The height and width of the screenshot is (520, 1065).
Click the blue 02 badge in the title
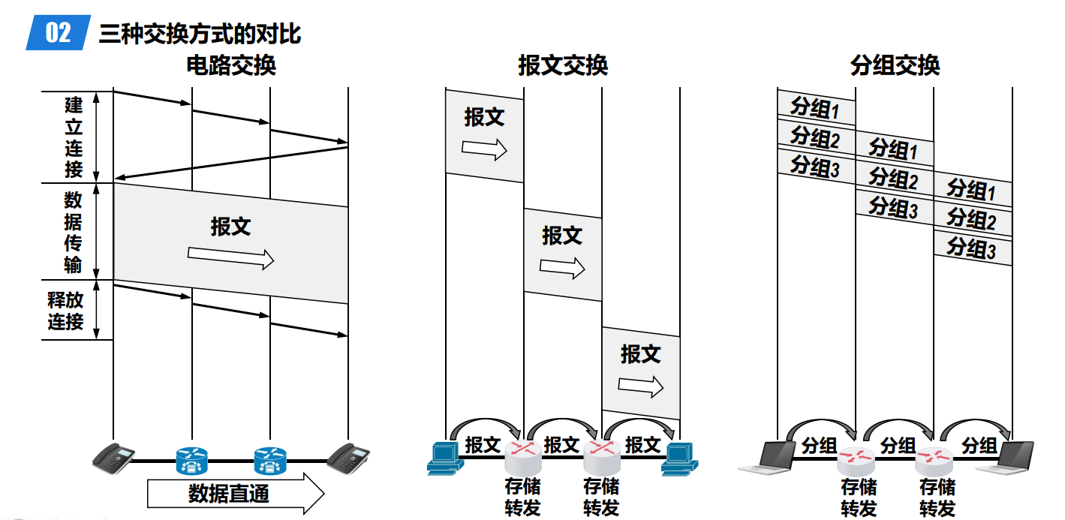[58, 33]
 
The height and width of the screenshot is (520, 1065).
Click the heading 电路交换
[231, 66]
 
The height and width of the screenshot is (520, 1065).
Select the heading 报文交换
[563, 66]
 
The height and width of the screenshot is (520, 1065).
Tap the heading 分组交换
[895, 66]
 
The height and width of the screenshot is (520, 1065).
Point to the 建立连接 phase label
[74, 137]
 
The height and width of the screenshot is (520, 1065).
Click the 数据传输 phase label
[74, 232]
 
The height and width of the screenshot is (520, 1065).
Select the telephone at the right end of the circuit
[349, 457]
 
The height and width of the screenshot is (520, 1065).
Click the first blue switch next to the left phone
[192, 459]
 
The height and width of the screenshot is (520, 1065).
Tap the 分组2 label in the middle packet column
[893, 179]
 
